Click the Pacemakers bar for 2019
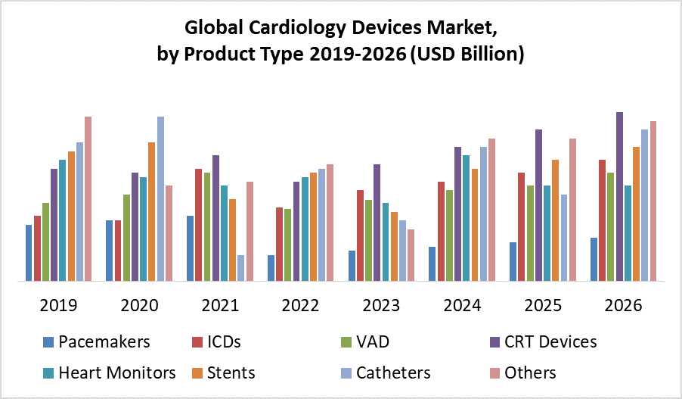(29, 253)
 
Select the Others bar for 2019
(88, 198)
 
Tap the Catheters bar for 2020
(160, 198)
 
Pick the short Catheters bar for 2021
(241, 268)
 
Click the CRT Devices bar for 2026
(619, 196)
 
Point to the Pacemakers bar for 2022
(271, 268)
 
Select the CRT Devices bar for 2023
(377, 223)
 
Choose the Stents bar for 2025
(555, 220)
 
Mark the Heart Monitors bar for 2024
(466, 218)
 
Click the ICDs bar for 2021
(198, 225)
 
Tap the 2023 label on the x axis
(381, 306)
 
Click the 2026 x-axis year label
(623, 306)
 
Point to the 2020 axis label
(139, 306)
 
